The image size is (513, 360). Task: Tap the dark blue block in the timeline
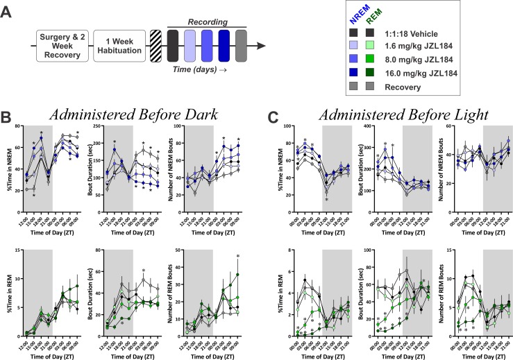(x=224, y=46)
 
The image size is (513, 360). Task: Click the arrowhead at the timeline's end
(x=261, y=46)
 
